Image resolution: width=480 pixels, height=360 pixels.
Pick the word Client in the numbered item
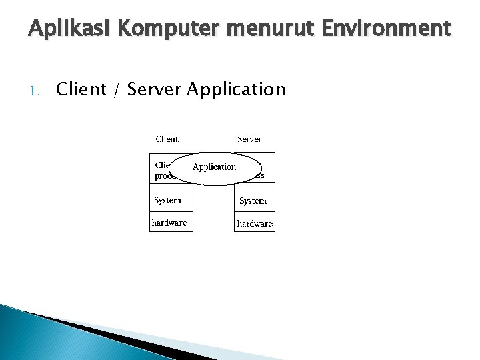(x=81, y=89)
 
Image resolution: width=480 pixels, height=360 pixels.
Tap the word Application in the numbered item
(x=237, y=89)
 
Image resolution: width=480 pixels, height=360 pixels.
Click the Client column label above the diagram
(x=167, y=139)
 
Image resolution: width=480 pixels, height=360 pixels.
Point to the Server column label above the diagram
(x=249, y=139)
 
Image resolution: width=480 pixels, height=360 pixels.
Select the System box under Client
(x=171, y=200)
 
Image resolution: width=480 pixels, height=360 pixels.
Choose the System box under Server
(x=254, y=201)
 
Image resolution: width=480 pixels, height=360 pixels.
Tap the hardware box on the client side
(x=171, y=223)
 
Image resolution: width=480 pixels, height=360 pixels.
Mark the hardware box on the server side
(x=255, y=223)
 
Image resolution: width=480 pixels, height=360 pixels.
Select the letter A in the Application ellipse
(x=196, y=167)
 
